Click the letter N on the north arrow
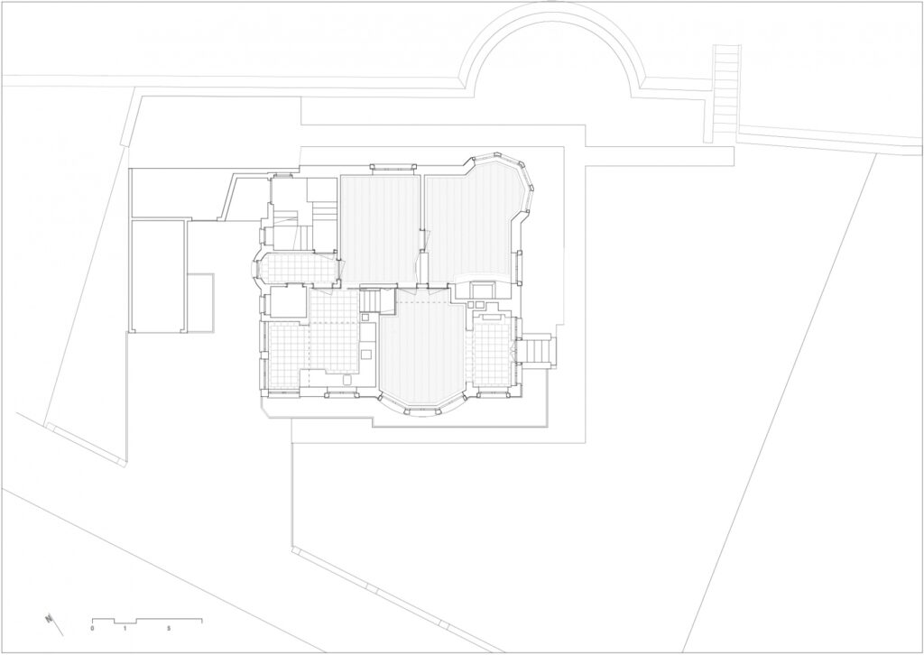click(x=48, y=619)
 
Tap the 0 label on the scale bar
click(x=93, y=629)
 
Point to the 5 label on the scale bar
click(x=169, y=629)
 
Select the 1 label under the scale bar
click(x=125, y=629)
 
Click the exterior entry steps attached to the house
click(x=536, y=351)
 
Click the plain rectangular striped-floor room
click(x=380, y=230)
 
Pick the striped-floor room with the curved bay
click(x=422, y=354)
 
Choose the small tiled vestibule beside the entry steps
click(x=492, y=352)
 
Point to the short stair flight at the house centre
click(x=370, y=300)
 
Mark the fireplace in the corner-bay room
click(x=481, y=291)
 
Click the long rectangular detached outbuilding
click(x=158, y=276)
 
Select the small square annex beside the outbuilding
click(x=200, y=303)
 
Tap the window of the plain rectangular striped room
click(x=393, y=167)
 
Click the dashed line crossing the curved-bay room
click(x=422, y=302)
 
